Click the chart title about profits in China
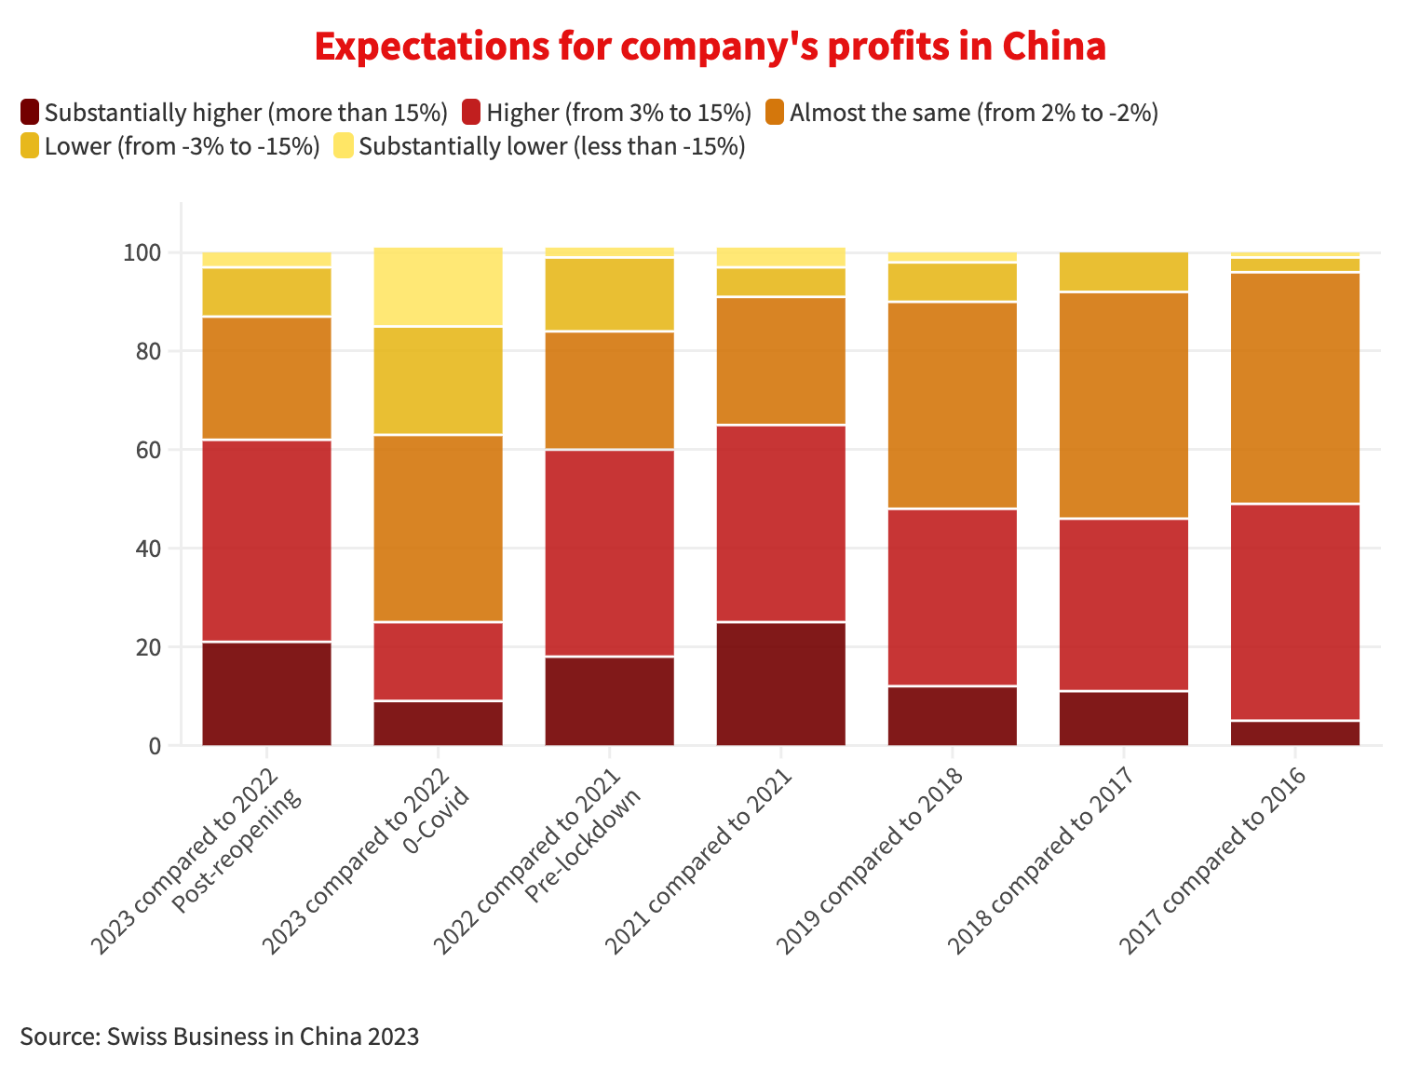tap(710, 47)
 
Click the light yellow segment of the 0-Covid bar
tap(438, 287)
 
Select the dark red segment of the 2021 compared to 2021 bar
tap(780, 684)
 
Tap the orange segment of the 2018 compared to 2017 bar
tap(1123, 405)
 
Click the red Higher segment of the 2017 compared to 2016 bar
tap(1294, 612)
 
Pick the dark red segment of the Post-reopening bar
tap(266, 694)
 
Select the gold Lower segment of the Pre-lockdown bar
tap(609, 294)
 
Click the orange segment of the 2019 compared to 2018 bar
tap(952, 405)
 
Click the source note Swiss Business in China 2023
tap(220, 1037)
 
